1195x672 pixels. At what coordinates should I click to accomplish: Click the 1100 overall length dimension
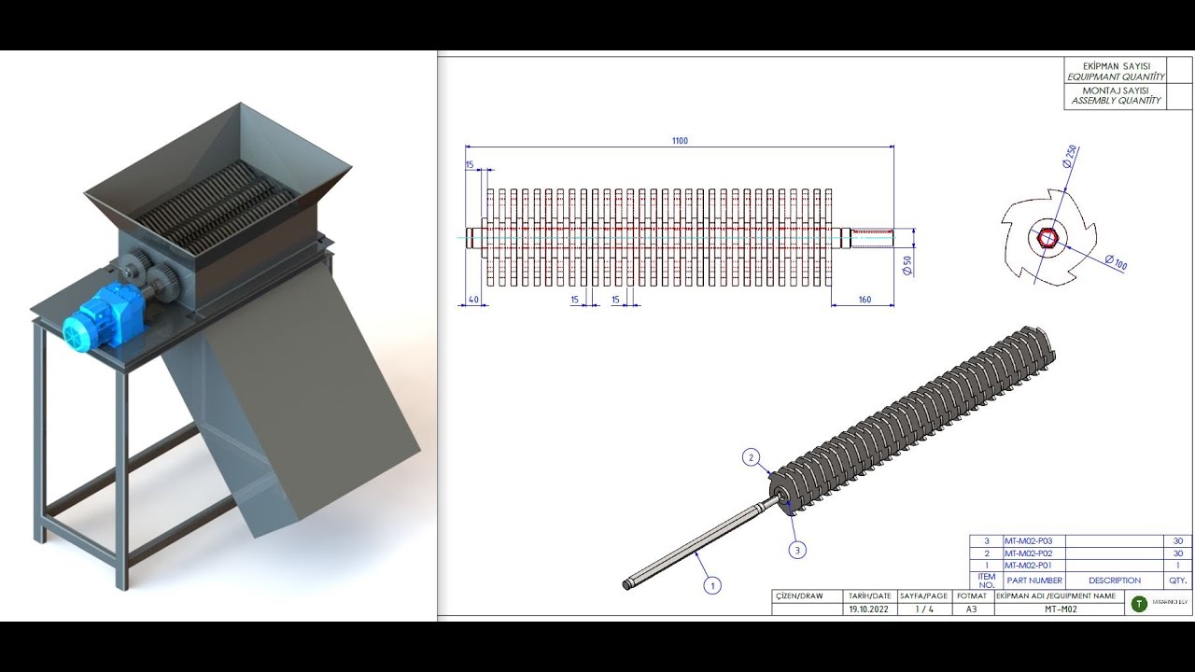click(680, 141)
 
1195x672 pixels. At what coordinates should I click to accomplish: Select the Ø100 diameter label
click(1116, 263)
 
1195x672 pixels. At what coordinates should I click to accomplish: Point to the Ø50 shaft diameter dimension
click(907, 266)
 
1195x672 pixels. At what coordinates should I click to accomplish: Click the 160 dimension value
click(864, 300)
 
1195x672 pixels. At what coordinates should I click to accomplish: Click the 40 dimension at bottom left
click(474, 300)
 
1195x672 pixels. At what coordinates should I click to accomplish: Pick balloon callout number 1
click(712, 586)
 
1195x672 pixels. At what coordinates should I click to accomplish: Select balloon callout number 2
click(752, 457)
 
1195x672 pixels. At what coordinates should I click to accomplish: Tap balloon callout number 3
click(796, 551)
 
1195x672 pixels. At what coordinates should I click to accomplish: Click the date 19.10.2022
click(868, 609)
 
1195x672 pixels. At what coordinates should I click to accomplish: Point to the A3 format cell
click(971, 609)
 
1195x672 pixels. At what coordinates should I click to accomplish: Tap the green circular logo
click(1139, 604)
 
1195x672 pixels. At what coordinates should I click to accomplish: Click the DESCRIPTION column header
click(1114, 581)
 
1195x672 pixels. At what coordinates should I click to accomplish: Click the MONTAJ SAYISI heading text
click(1116, 91)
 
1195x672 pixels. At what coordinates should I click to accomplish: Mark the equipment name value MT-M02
click(1060, 609)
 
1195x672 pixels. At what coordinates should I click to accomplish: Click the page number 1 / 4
click(923, 609)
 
